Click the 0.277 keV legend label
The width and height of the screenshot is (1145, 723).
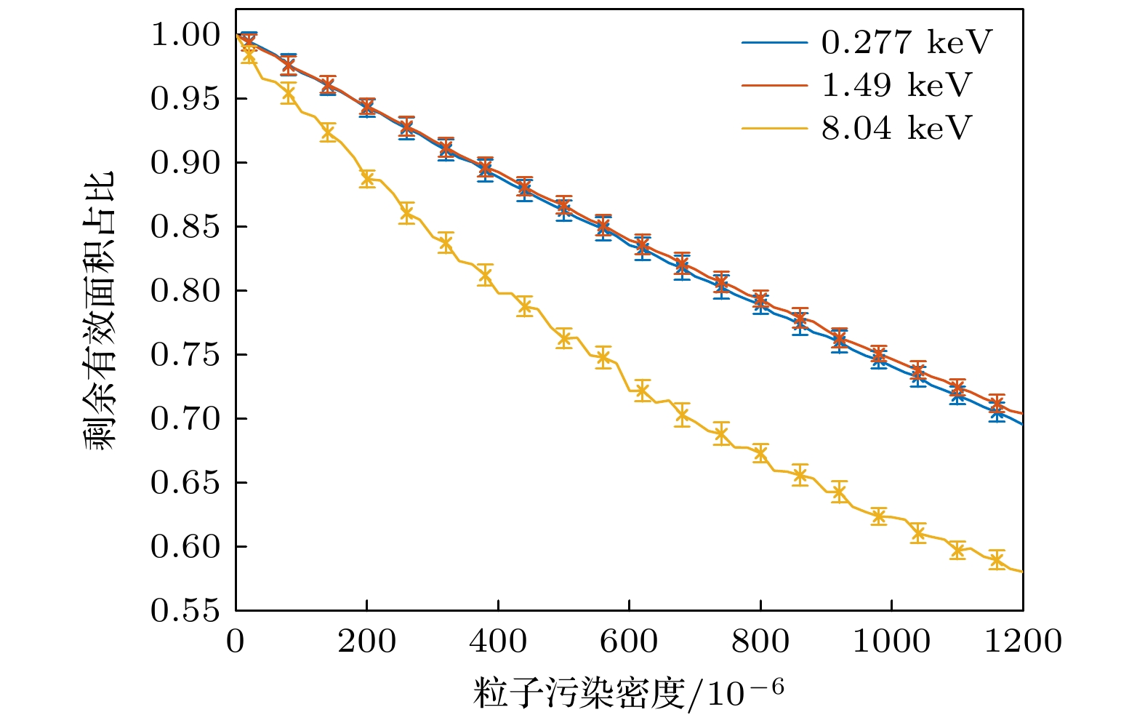[x=906, y=43]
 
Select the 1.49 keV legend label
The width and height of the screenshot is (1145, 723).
[x=896, y=86]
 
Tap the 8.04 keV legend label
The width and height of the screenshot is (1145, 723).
[x=896, y=129]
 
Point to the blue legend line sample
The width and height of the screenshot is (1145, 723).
[x=774, y=43]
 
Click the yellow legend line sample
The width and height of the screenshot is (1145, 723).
[x=774, y=129]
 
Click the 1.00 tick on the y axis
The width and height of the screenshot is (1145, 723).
[x=185, y=34]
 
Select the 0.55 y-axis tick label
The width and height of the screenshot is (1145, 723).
[x=185, y=611]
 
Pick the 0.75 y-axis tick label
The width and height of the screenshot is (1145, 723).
[x=185, y=355]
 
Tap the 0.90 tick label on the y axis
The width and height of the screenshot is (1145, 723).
[x=185, y=163]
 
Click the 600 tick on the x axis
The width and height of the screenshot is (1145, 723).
[x=629, y=642]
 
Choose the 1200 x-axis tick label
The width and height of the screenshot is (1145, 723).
[x=1023, y=642]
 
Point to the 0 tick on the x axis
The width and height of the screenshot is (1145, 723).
[x=236, y=642]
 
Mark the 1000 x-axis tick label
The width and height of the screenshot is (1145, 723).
[x=891, y=642]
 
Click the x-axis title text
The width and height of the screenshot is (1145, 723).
[x=629, y=692]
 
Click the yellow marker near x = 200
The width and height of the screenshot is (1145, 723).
[x=367, y=179]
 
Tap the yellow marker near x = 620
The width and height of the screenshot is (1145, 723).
[x=642, y=391]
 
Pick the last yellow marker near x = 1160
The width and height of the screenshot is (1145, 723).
[x=997, y=560]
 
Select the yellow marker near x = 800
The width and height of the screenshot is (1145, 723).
[x=760, y=453]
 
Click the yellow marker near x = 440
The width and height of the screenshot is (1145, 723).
[x=524, y=306]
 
